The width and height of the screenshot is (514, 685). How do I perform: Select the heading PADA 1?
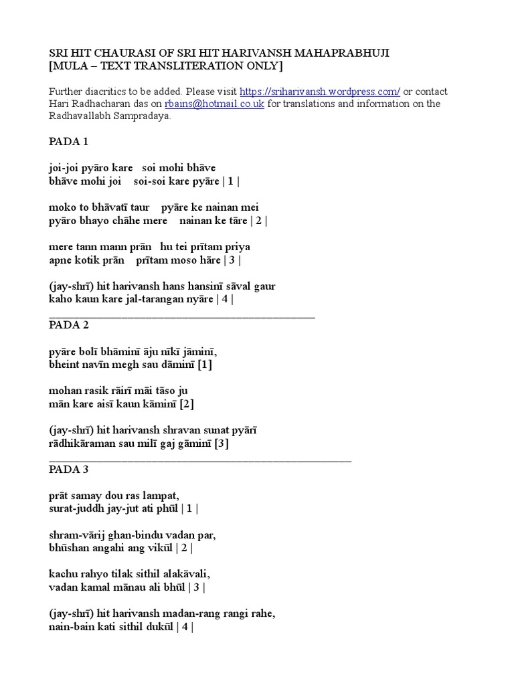[x=68, y=142]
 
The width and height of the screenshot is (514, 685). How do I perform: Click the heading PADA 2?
[x=68, y=325]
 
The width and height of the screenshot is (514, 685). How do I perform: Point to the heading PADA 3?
[x=68, y=470]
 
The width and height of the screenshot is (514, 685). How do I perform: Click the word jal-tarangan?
[x=151, y=299]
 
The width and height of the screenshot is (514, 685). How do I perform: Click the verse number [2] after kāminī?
[x=185, y=404]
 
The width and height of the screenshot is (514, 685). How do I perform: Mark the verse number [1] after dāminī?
[x=204, y=365]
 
